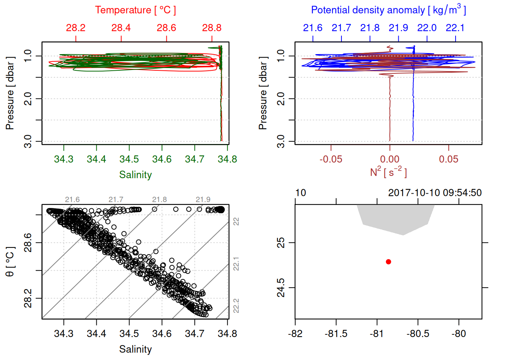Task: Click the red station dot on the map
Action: point(388,262)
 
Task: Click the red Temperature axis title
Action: point(135,10)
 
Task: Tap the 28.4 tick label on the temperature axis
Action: point(121,28)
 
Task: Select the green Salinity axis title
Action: point(135,175)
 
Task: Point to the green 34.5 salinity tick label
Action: point(129,159)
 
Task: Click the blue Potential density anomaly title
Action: point(388,10)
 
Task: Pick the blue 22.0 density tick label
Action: point(427,28)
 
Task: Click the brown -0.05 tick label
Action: point(331,159)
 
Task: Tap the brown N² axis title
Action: point(388,172)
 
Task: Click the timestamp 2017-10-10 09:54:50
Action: point(435,193)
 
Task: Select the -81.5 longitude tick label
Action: point(336,334)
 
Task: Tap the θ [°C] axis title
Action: point(10,262)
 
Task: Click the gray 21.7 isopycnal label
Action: point(116,200)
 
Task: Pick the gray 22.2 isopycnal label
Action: point(236,305)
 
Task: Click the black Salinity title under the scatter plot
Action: point(135,349)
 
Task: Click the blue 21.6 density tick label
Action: point(312,28)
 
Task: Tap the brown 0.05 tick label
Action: point(448,159)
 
